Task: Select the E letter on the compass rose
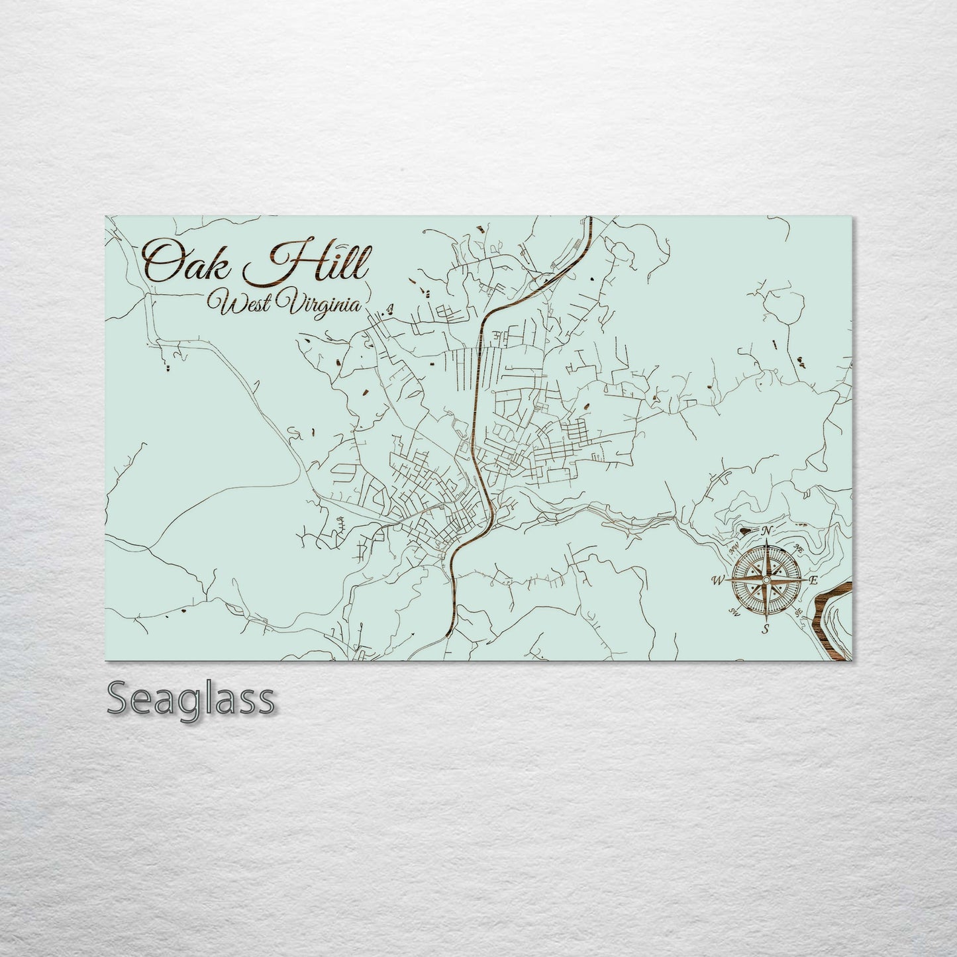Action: point(814,580)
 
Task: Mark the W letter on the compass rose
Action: point(717,581)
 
